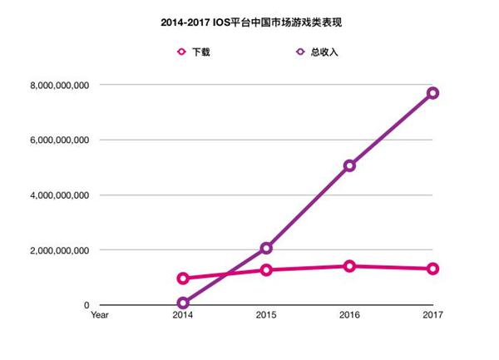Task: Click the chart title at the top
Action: [x=249, y=23]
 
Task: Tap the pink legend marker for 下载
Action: [x=181, y=52]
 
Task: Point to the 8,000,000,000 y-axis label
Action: [x=61, y=86]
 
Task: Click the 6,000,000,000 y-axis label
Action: [x=61, y=141]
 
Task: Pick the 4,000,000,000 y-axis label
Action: [x=61, y=195]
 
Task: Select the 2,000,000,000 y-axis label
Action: [x=61, y=250]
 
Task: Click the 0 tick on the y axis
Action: [x=86, y=305]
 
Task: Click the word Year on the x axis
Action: [x=100, y=315]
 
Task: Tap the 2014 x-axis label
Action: [x=183, y=315]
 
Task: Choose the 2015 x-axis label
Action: [x=266, y=315]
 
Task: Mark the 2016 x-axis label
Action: [x=349, y=315]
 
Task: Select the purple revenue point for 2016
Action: [x=350, y=165]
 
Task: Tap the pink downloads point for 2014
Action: [x=183, y=279]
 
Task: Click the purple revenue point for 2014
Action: [x=183, y=303]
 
